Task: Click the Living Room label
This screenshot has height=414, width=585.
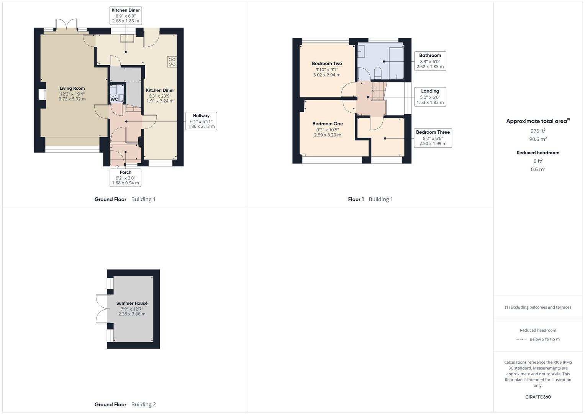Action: click(x=72, y=89)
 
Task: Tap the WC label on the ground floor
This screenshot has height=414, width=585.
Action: click(x=114, y=99)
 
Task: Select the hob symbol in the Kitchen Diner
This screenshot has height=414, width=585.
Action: click(x=172, y=62)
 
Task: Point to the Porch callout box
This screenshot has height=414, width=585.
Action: click(x=125, y=177)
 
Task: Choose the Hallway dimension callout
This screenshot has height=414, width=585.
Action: click(x=201, y=121)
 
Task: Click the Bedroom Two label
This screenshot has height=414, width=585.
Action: click(x=327, y=64)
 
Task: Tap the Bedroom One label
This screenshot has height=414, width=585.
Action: click(x=328, y=124)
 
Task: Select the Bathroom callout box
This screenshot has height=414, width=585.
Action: click(x=430, y=61)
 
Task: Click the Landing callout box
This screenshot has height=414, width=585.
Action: click(x=430, y=97)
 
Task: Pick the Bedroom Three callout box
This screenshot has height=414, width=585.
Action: click(x=433, y=138)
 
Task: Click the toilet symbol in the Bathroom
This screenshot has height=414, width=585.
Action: click(x=378, y=72)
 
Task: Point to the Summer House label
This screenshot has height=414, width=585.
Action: click(x=132, y=303)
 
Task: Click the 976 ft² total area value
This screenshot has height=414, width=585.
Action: click(x=538, y=131)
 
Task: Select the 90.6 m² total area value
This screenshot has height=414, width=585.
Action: click(x=538, y=139)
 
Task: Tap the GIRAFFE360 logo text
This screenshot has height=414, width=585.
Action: click(x=538, y=397)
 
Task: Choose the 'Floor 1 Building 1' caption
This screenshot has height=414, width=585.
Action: click(x=370, y=199)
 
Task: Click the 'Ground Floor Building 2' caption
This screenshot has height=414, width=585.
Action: click(x=125, y=404)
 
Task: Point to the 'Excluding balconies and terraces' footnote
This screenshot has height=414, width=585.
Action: click(x=538, y=307)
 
